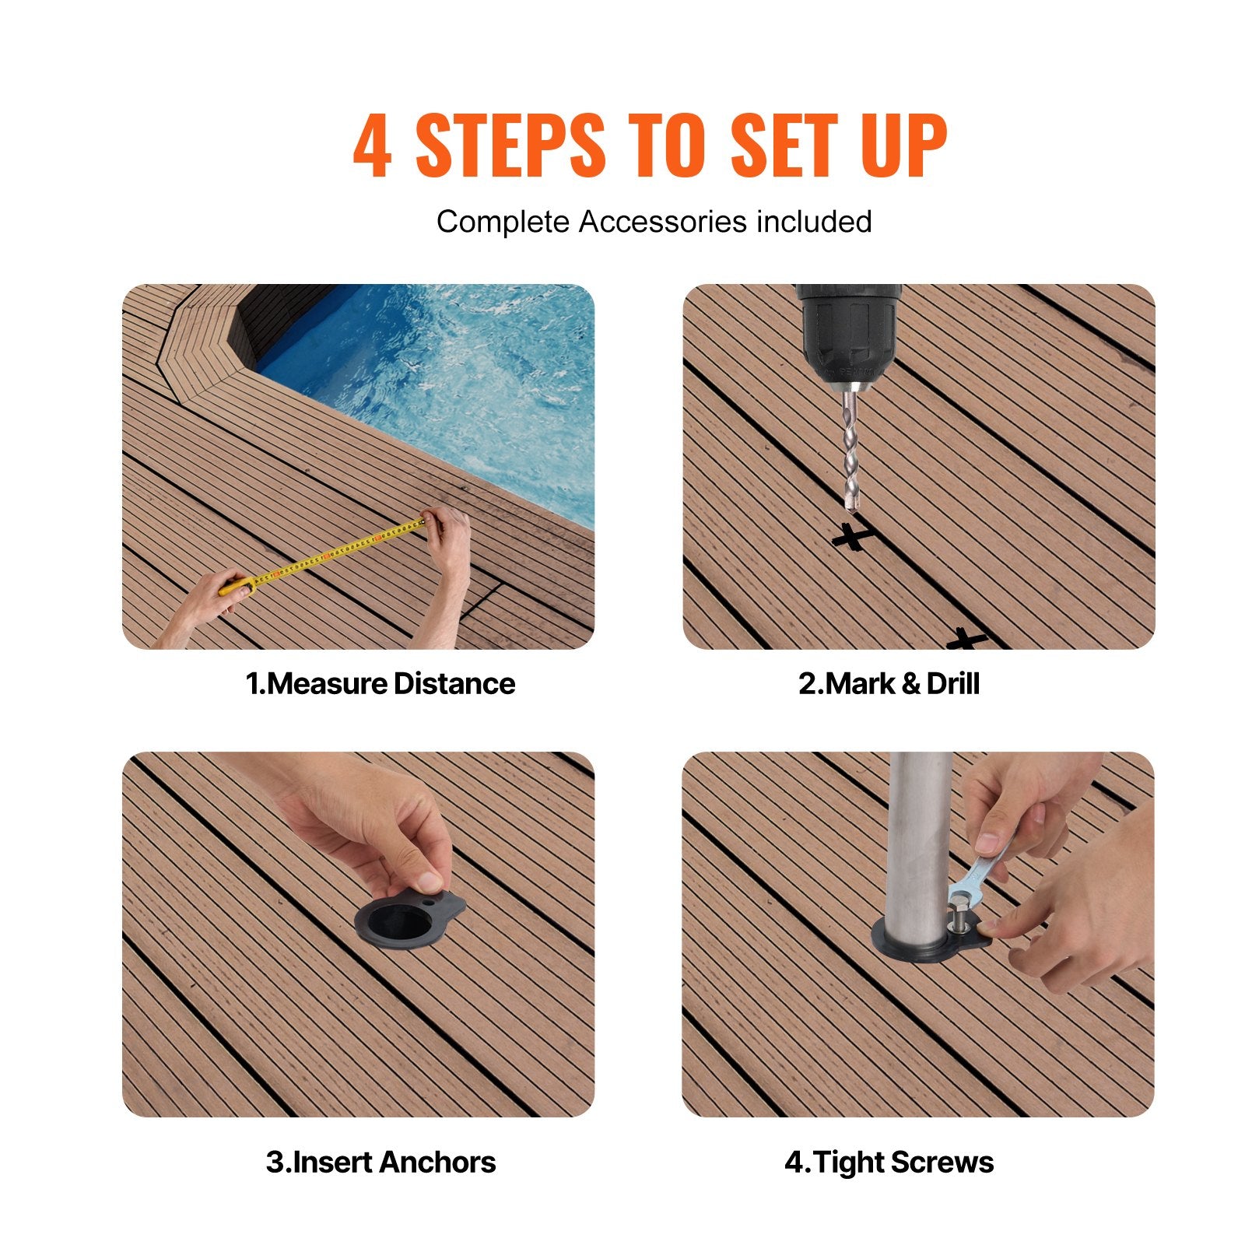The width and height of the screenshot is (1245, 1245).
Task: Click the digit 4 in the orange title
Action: (x=372, y=146)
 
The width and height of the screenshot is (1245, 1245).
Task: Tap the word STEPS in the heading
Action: (x=510, y=146)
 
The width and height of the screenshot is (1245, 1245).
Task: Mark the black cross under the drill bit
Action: (x=851, y=536)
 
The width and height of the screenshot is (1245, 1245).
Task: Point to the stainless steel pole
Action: (x=921, y=840)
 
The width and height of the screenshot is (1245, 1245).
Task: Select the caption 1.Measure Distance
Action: (x=381, y=683)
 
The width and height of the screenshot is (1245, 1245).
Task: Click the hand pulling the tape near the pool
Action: (x=449, y=537)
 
